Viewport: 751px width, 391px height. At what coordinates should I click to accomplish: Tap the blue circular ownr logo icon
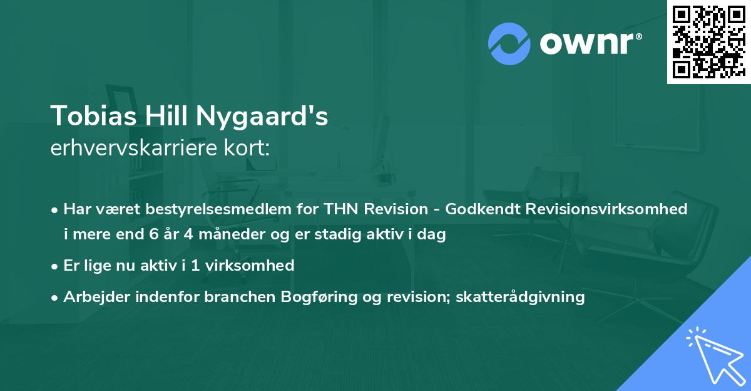[x=508, y=43]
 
